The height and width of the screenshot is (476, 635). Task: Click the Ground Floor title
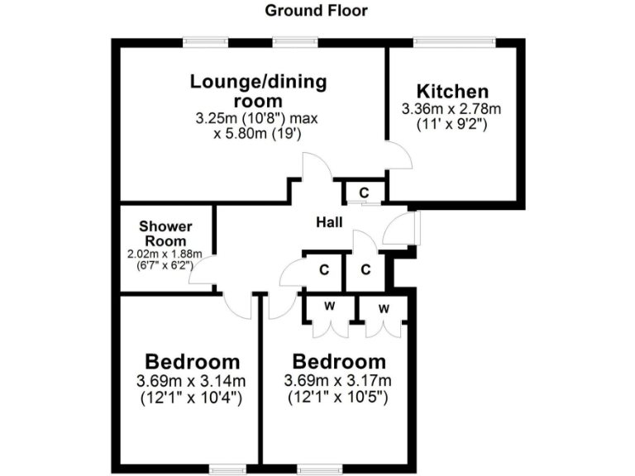point(317,12)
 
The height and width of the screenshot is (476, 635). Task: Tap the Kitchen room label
point(452,92)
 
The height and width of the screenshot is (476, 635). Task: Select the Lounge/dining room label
point(258,91)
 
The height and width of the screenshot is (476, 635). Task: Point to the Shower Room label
point(165,233)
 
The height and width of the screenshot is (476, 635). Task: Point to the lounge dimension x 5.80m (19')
point(257,133)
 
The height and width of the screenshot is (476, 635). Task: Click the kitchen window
point(454,40)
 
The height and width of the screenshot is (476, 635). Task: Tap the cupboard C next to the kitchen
point(364,193)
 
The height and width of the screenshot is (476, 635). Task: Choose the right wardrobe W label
point(384,308)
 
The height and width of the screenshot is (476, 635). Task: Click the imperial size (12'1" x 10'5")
point(337,397)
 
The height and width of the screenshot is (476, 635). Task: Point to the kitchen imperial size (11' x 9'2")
point(451,124)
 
